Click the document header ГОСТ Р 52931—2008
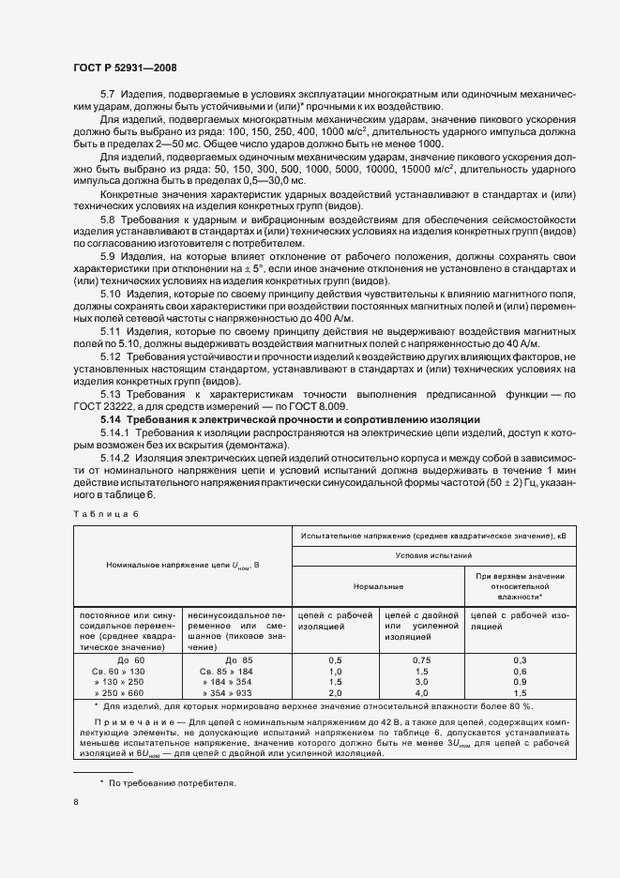pos(124,68)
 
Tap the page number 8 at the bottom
pos(76,802)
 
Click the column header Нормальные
pos(378,585)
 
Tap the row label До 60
pos(120,660)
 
